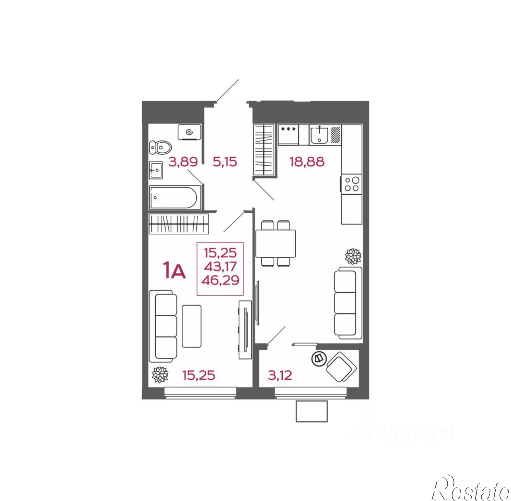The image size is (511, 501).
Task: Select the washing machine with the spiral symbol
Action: [190, 132]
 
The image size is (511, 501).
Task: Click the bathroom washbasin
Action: [156, 170]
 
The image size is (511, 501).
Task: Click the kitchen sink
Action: [319, 134]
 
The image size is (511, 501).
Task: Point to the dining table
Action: [275, 243]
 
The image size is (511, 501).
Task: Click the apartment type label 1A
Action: [175, 272]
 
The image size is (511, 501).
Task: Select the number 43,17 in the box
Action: [220, 267]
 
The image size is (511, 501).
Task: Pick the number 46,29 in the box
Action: [220, 280]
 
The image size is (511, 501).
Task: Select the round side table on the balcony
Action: [319, 358]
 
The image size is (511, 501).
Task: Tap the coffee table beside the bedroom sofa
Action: [191, 326]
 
